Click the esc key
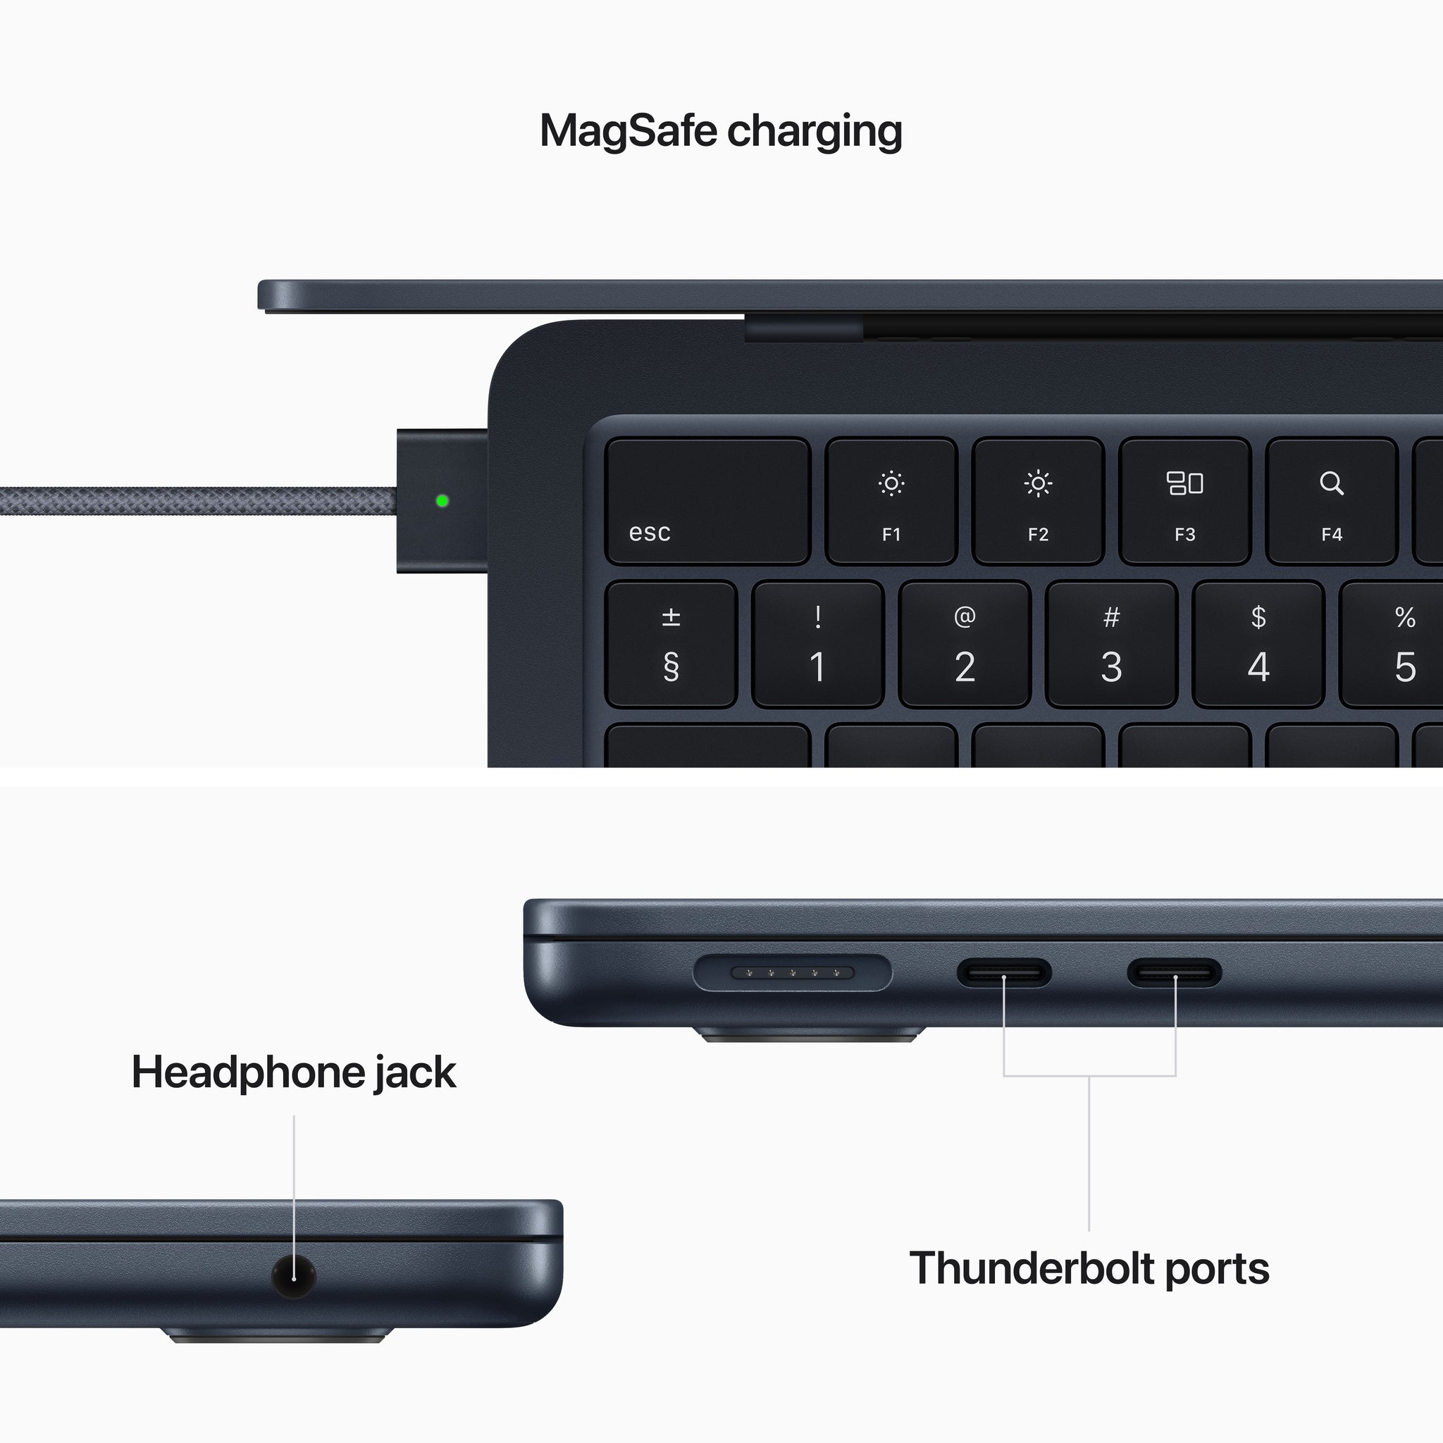tap(707, 500)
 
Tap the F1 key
tap(891, 500)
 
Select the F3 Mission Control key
tap(1184, 500)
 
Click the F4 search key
tap(1331, 500)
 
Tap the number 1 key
tap(818, 645)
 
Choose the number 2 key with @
tap(965, 645)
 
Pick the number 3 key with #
tap(1111, 645)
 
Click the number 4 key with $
tap(1258, 645)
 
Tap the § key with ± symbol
tap(671, 645)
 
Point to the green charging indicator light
tap(442, 500)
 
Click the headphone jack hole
tap(294, 1277)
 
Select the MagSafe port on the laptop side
tap(792, 972)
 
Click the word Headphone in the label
tap(247, 1072)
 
